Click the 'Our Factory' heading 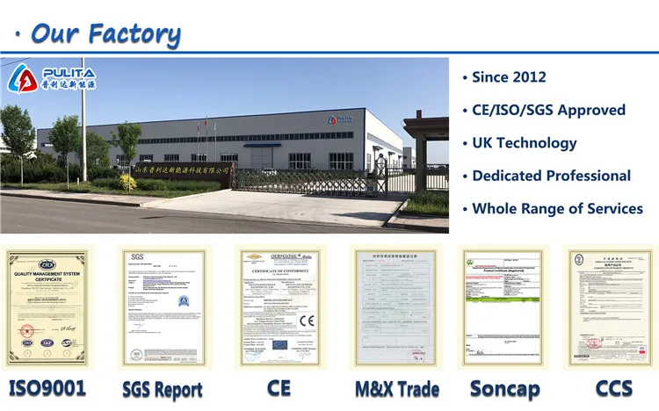click(105, 33)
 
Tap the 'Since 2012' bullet click(509, 77)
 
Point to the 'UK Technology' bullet click(524, 143)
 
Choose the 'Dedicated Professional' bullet click(551, 176)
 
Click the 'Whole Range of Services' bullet click(557, 209)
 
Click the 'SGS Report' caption click(162, 388)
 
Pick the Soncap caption click(504, 388)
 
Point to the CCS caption click(613, 387)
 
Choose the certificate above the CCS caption click(612, 306)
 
